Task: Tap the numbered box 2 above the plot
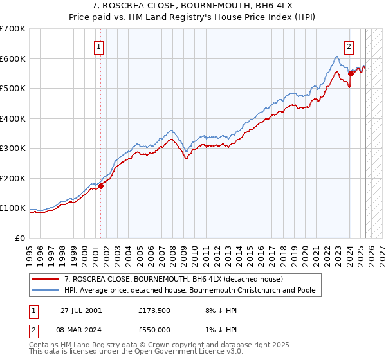click(349, 46)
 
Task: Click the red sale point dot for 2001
click(101, 186)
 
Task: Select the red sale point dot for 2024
click(351, 73)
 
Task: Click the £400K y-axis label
click(13, 118)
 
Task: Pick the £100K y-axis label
click(13, 208)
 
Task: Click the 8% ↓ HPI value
click(217, 310)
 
